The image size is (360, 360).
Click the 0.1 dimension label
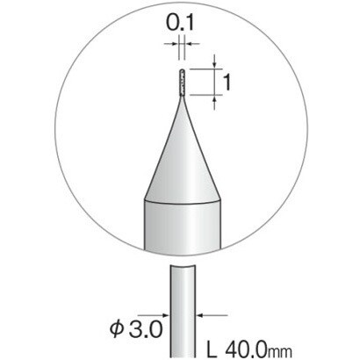pyautogui.click(x=180, y=23)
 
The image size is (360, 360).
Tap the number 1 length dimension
pyautogui.click(x=227, y=83)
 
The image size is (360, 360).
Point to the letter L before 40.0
pyautogui.click(x=212, y=349)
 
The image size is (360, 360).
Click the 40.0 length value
pyautogui.click(x=247, y=349)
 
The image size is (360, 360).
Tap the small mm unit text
pyautogui.click(x=281, y=351)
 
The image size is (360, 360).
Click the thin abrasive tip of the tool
pyautogui.click(x=182, y=83)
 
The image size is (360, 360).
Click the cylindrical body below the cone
pyautogui.click(x=182, y=227)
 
